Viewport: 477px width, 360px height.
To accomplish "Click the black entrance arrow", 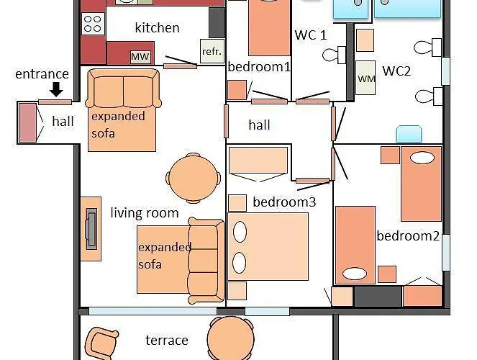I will pos(56,89).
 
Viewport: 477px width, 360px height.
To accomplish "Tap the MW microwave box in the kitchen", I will pos(140,56).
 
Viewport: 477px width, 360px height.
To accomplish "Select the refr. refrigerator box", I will pos(212,52).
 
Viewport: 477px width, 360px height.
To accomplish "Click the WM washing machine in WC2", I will pos(366,79).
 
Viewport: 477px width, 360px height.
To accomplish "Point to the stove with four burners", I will pos(94,24).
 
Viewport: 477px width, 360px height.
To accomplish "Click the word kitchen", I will pos(157,28).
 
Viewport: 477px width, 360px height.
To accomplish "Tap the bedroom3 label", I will pos(284,202).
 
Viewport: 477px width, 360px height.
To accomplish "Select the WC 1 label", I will pos(310,35).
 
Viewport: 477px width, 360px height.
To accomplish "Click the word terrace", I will pos(167,341).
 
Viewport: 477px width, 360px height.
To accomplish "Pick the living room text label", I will pos(144,213).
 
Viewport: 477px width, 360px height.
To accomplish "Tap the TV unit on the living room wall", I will pos(91,229).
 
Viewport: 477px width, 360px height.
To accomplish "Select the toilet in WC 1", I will pos(335,55).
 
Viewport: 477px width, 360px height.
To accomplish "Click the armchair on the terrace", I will pos(101,342).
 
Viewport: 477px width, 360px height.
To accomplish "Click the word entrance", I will pos(42,74).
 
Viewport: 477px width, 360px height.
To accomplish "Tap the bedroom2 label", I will pos(408,236).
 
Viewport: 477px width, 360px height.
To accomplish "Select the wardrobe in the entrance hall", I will pos(27,122).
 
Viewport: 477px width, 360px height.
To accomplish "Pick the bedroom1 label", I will pos(259,67).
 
